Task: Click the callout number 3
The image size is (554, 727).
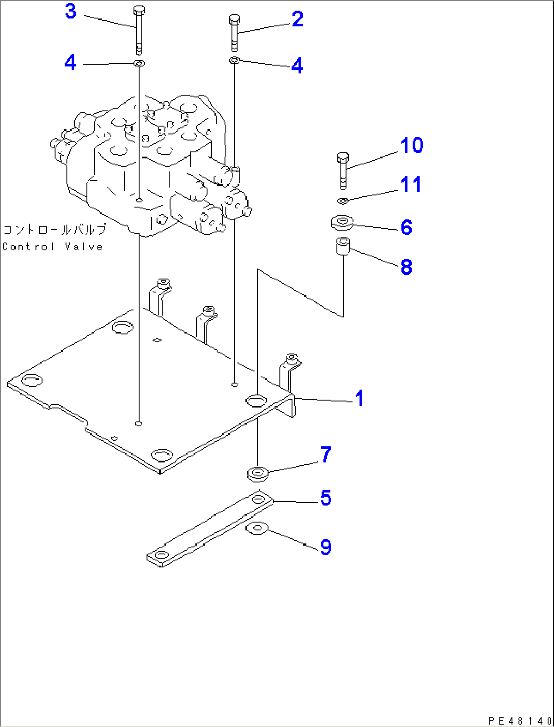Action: coord(71,11)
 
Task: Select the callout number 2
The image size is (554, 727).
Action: coord(297,19)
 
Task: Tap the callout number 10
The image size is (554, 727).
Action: coord(411,145)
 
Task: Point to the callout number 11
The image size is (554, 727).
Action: coord(411,185)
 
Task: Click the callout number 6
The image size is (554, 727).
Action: coord(406,227)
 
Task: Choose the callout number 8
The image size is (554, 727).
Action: coord(406,267)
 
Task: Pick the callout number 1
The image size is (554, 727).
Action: coord(359,398)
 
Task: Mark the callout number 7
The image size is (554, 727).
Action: coord(326,454)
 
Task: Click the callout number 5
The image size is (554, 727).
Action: coord(326,498)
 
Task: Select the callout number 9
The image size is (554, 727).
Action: coord(326,547)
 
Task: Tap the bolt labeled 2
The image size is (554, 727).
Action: coord(234,33)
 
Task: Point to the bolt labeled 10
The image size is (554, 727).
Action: coord(343,170)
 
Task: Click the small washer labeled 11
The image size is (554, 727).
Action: coord(343,201)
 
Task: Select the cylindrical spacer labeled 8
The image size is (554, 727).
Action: coord(344,247)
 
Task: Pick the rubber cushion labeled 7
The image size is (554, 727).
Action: coord(258,474)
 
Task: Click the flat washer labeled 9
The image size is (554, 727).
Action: coord(257,529)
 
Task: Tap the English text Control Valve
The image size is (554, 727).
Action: coord(52,247)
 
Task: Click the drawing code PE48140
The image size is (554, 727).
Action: coord(519,720)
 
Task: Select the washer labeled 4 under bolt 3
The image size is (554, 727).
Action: coord(139,64)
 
